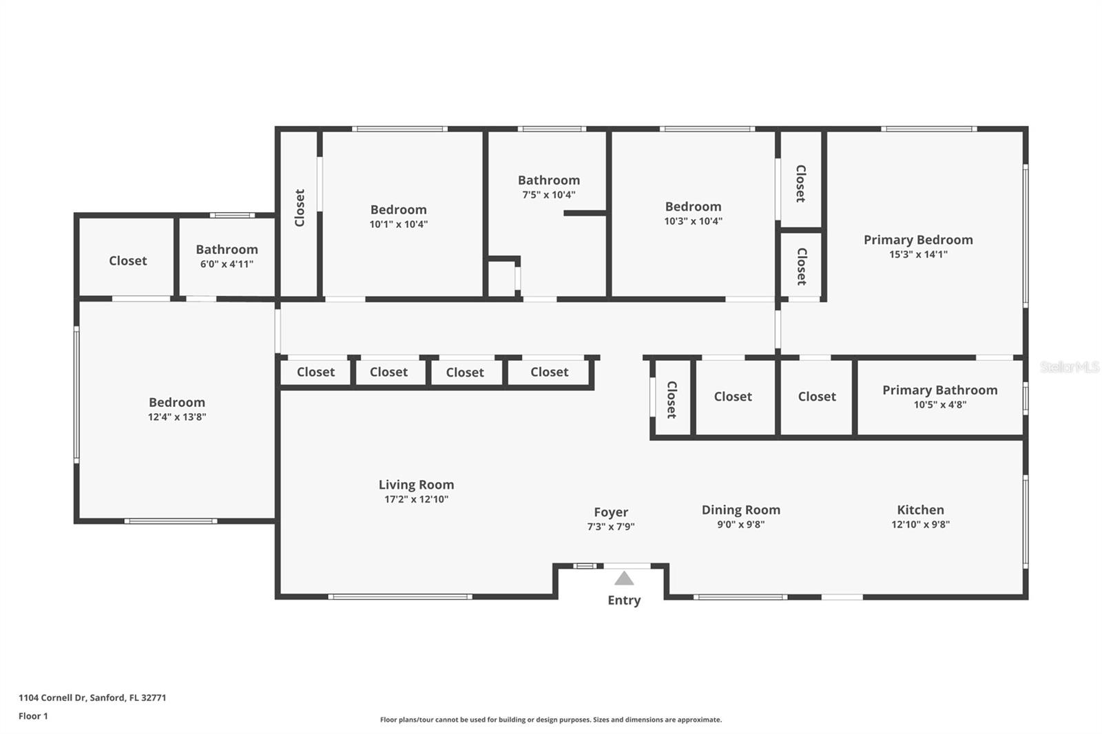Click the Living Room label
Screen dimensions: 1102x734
pyautogui.click(x=416, y=485)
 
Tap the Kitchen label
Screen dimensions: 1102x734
pyautogui.click(x=920, y=510)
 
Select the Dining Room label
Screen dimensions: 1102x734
pyautogui.click(x=741, y=510)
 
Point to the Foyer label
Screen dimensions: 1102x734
pyautogui.click(x=611, y=512)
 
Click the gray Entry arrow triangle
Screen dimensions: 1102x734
pyautogui.click(x=624, y=578)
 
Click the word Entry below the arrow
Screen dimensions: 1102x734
pyautogui.click(x=624, y=600)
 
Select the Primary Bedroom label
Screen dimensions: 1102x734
pyautogui.click(x=919, y=240)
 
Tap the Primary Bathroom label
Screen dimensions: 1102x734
pyautogui.click(x=940, y=390)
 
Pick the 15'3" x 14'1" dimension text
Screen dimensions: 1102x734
pyautogui.click(x=919, y=254)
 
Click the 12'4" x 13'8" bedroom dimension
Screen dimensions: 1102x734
pyautogui.click(x=177, y=417)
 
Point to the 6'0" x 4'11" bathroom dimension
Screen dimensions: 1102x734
pyautogui.click(x=227, y=264)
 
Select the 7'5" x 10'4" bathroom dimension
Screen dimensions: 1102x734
pyautogui.click(x=549, y=194)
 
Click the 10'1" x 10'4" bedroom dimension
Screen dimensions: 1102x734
pyautogui.click(x=399, y=224)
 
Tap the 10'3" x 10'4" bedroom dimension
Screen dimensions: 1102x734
pyautogui.click(x=693, y=222)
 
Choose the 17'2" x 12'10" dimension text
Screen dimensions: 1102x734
pyautogui.click(x=416, y=499)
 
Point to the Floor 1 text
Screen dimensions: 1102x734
pyautogui.click(x=34, y=716)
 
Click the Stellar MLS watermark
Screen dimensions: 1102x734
pyautogui.click(x=1070, y=367)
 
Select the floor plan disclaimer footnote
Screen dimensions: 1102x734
pyautogui.click(x=551, y=720)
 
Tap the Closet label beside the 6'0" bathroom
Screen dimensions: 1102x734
pyautogui.click(x=128, y=261)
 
